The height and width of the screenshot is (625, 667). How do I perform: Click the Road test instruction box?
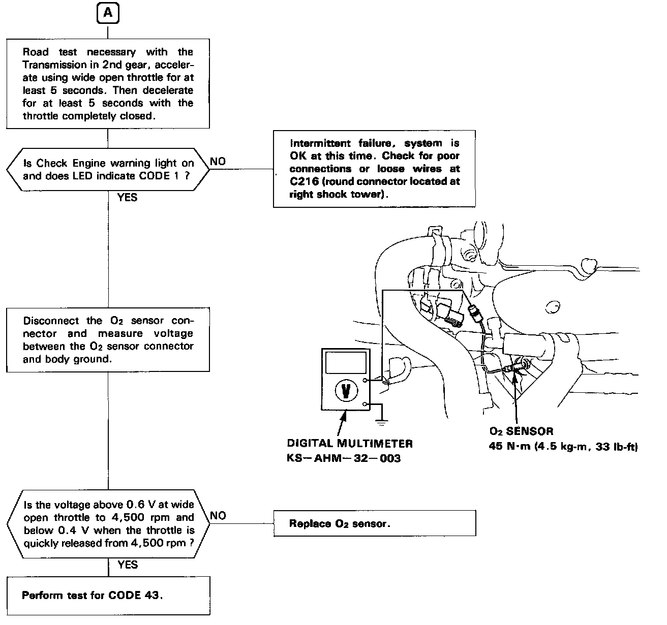pyautogui.click(x=108, y=84)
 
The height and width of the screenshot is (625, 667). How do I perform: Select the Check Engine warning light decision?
pyautogui.click(x=108, y=170)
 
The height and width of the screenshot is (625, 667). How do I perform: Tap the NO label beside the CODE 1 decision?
pyautogui.click(x=218, y=162)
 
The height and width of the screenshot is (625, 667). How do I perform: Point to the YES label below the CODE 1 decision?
pyautogui.click(x=127, y=198)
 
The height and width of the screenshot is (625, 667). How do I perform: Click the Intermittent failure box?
pyautogui.click(x=374, y=169)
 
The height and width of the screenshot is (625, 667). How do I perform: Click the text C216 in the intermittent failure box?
pyautogui.click(x=304, y=181)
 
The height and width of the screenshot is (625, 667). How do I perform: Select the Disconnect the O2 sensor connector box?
pyautogui.click(x=108, y=340)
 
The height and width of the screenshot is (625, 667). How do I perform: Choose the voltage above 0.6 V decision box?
pyautogui.click(x=108, y=524)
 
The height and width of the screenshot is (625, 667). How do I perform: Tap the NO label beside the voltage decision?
pyautogui.click(x=218, y=516)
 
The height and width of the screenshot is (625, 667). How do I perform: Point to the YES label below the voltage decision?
pyautogui.click(x=128, y=565)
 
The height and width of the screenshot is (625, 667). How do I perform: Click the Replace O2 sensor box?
pyautogui.click(x=375, y=523)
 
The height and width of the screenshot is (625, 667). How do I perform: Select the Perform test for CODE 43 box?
pyautogui.click(x=108, y=596)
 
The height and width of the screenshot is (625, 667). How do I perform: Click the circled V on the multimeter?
pyautogui.click(x=346, y=391)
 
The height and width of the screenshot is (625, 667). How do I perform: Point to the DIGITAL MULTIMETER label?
pyautogui.click(x=350, y=444)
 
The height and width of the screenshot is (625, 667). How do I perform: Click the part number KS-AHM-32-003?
pyautogui.click(x=344, y=458)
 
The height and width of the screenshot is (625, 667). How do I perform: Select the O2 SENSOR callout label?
pyautogui.click(x=521, y=431)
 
